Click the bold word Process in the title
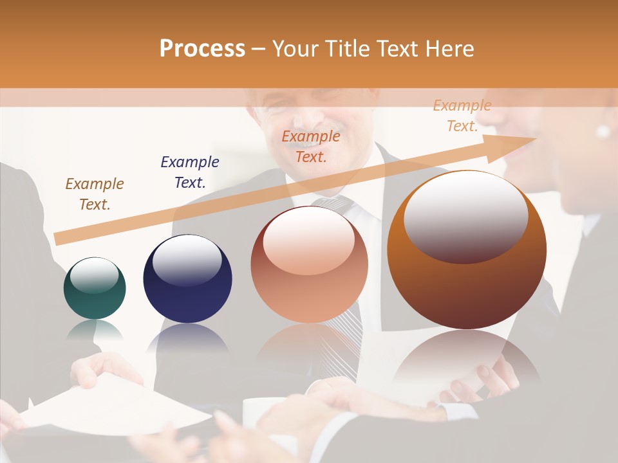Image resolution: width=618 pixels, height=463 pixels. (x=202, y=49)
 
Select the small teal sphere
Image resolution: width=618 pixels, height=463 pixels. (x=95, y=288)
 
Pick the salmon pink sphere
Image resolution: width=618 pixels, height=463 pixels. (x=309, y=265)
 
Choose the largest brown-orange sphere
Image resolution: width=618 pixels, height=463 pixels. (x=467, y=251)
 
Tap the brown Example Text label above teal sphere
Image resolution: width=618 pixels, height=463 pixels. (x=95, y=194)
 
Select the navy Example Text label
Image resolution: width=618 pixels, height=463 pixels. (x=190, y=172)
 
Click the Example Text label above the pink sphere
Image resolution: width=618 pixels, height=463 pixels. (x=311, y=146)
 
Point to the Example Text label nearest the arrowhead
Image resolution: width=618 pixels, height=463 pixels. (x=462, y=116)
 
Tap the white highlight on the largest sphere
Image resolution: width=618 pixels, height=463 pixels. (x=465, y=215)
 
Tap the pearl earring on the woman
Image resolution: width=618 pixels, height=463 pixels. (x=603, y=132)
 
